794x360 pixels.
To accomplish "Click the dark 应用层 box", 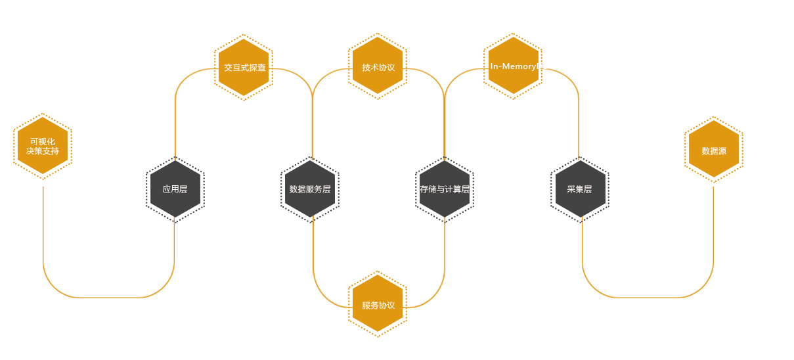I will tap(175, 189).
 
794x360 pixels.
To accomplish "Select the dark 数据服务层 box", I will tap(309, 189).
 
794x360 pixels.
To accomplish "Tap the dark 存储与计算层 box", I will tap(444, 189).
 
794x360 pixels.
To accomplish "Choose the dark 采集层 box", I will tap(580, 189).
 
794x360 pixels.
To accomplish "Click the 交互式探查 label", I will tap(244, 68).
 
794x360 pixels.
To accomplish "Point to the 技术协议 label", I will tap(378, 68).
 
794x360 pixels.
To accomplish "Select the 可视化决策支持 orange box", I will tap(43, 146).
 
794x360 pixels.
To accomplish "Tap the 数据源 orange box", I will tap(713, 150).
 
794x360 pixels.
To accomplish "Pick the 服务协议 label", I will tap(378, 305).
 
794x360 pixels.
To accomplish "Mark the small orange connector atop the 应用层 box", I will tap(175, 158).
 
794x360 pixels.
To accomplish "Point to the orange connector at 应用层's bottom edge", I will tap(173, 220).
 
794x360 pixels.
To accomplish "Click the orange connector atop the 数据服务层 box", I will tap(312, 158).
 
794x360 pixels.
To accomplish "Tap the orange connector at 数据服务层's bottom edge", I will tap(314, 219).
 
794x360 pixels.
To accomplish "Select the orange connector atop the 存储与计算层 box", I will tap(445, 158).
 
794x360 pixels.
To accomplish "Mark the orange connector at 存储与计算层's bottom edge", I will tap(444, 220).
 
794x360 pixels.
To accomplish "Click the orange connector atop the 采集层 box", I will tap(578, 158).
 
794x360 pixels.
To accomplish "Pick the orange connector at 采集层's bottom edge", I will tap(583, 220).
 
